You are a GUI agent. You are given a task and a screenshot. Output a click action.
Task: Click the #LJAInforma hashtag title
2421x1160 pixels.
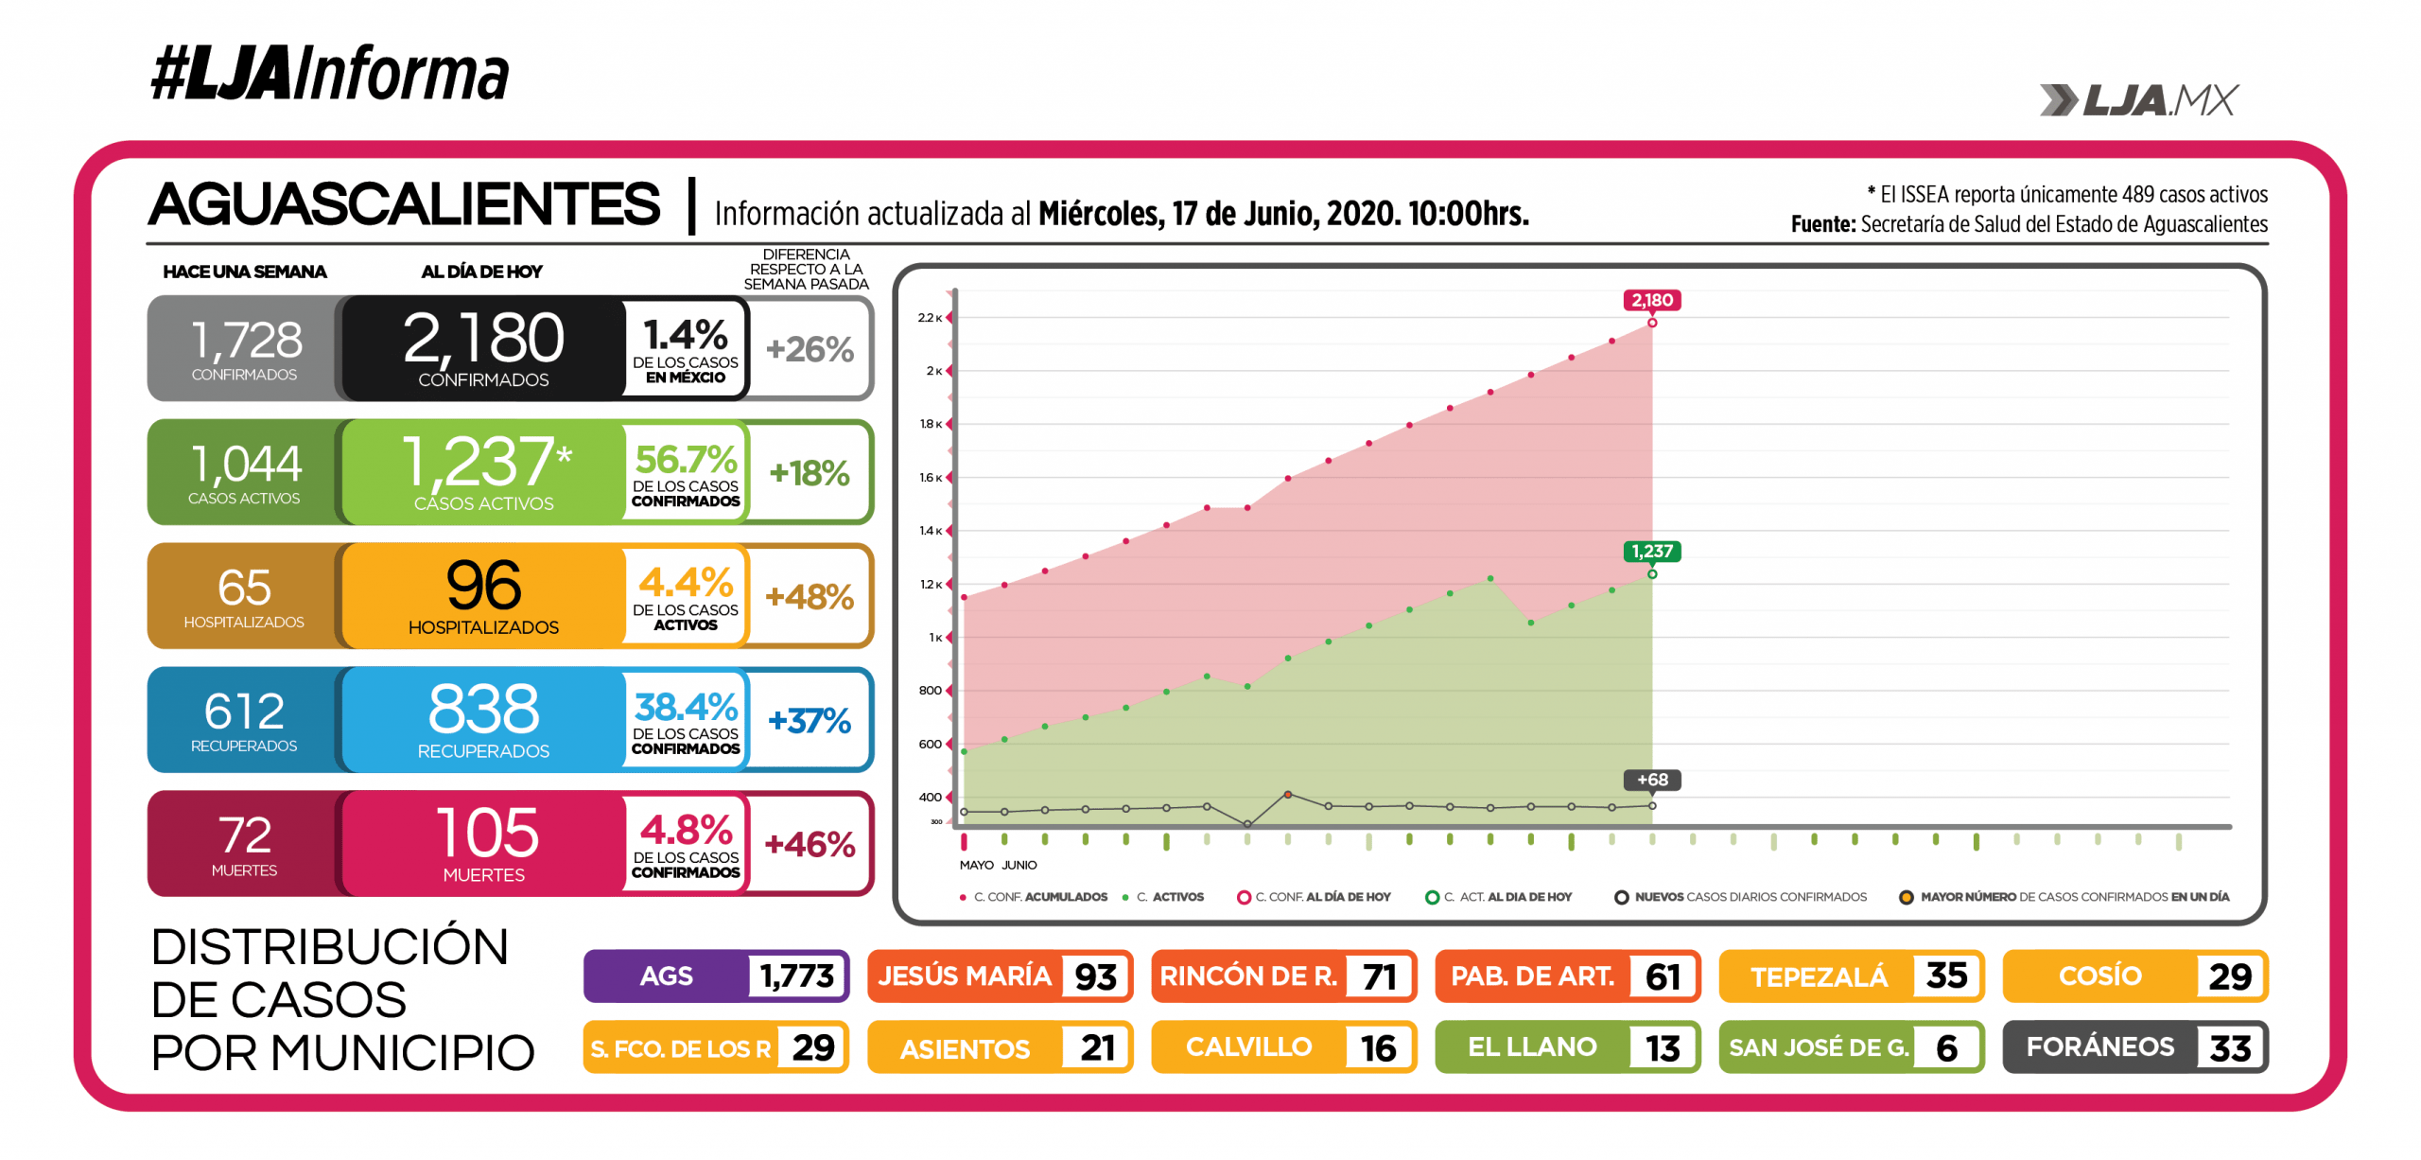pos(329,74)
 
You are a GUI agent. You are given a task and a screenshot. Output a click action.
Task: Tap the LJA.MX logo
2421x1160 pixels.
pos(2139,100)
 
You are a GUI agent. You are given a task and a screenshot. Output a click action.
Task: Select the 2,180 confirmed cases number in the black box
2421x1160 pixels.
pos(483,339)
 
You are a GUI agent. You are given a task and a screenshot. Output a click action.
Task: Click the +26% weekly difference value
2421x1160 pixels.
pos(810,349)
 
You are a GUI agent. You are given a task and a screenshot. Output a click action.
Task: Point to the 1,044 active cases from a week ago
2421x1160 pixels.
pos(245,465)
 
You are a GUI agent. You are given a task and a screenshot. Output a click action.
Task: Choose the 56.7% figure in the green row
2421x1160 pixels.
pos(686,460)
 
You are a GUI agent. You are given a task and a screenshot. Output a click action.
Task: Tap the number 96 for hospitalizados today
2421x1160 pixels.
pos(483,586)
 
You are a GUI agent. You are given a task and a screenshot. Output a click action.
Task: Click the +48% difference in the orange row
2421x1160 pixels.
pos(810,597)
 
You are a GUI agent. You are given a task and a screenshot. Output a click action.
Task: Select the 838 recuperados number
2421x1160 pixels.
pos(483,710)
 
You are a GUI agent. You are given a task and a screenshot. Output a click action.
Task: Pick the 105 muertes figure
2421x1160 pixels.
pos(487,834)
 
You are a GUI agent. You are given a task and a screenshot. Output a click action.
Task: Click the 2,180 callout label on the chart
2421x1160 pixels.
pos(1651,301)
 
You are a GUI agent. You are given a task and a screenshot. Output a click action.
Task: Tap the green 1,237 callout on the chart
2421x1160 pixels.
pos(1651,552)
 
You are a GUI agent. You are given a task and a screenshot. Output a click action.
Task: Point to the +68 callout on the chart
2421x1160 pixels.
pos(1651,780)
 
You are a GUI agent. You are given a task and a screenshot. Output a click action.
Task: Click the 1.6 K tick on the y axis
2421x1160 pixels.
pos(931,478)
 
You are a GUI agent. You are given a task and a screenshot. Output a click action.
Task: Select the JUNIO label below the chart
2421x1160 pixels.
pos(1019,865)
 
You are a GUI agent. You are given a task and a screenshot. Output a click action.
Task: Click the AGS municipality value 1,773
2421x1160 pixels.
pos(796,975)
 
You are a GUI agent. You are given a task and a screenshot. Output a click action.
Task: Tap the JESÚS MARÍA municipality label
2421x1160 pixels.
pos(964,975)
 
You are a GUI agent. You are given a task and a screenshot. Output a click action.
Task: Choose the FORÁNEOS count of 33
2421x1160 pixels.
pos(2229,1047)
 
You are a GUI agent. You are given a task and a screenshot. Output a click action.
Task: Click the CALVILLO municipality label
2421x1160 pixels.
pos(1248,1047)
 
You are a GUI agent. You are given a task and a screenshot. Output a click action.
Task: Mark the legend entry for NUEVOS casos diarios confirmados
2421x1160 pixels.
pos(1750,897)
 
